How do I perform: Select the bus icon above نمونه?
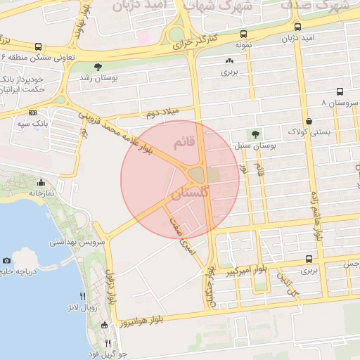[243, 34]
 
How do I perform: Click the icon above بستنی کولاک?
[309, 121]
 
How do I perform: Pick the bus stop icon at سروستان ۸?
[340, 92]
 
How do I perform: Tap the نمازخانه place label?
[41, 192]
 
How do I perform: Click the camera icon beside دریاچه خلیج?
[7, 260]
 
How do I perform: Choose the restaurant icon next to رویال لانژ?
[83, 296]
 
